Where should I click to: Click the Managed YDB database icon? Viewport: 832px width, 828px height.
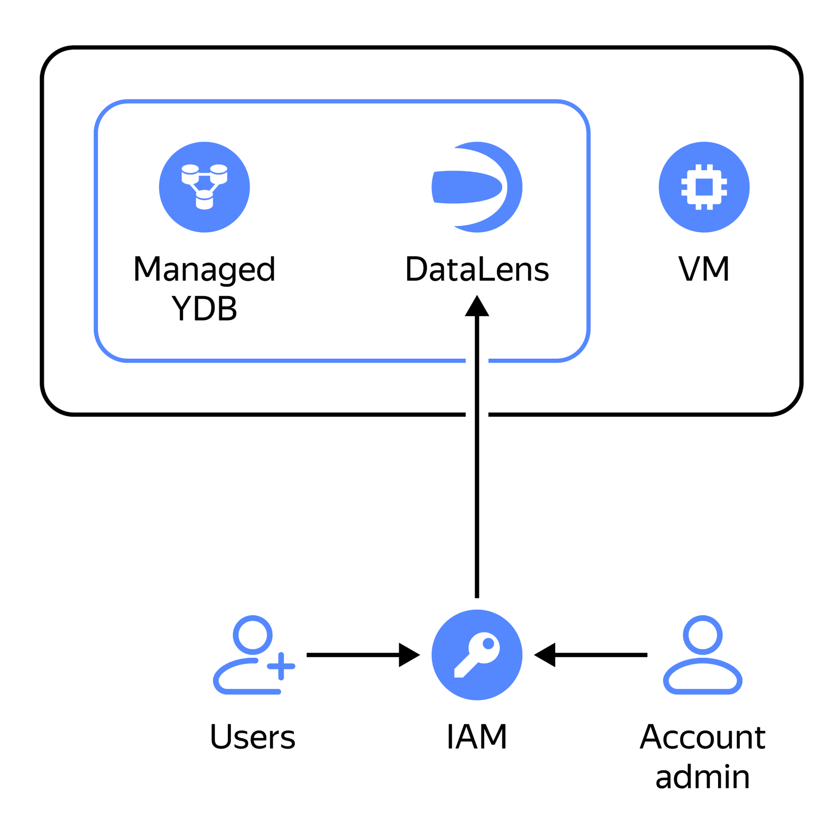click(x=204, y=187)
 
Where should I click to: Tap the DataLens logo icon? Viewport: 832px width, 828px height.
click(x=477, y=187)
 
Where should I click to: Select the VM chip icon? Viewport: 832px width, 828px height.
click(x=704, y=187)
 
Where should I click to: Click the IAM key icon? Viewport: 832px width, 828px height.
click(x=477, y=655)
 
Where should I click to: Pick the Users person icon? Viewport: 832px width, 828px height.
click(x=253, y=655)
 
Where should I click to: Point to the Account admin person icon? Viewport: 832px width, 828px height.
click(x=702, y=655)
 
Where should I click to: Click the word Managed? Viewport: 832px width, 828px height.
click(x=204, y=270)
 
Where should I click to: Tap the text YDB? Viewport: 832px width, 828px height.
click(x=204, y=309)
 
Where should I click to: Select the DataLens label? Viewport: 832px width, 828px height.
click(x=477, y=270)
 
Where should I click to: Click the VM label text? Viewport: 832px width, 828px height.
click(x=704, y=270)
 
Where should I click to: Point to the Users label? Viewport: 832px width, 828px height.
click(x=253, y=737)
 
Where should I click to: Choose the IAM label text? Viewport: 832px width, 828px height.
click(x=477, y=737)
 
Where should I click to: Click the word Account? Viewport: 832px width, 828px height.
click(x=702, y=737)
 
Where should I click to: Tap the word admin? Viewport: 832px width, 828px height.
click(x=702, y=776)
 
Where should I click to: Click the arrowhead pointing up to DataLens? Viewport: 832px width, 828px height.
click(x=477, y=307)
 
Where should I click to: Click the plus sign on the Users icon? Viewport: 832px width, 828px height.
click(x=281, y=666)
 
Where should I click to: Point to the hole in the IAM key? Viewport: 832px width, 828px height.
click(x=488, y=644)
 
